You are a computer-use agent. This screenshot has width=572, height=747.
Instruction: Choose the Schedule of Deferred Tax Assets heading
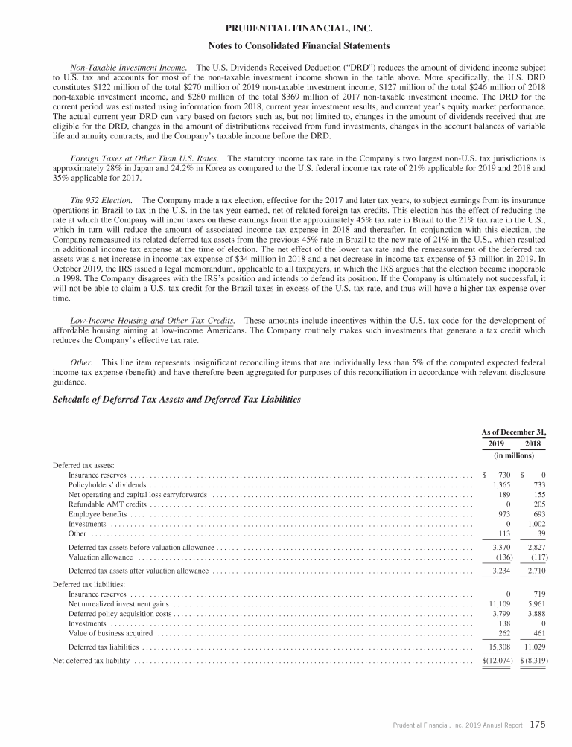coord(177,400)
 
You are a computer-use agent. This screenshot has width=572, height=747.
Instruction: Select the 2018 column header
coord(533,444)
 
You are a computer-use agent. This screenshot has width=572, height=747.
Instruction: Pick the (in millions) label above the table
coord(514,456)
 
